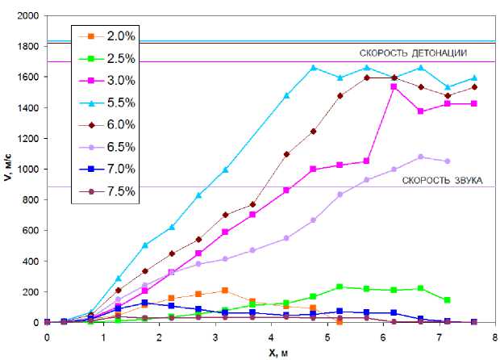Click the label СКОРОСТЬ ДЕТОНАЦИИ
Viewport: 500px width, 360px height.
point(420,52)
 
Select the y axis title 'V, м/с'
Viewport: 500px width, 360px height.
point(8,168)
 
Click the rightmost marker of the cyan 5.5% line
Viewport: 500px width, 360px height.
point(474,78)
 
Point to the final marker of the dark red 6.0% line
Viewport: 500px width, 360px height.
point(474,87)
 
